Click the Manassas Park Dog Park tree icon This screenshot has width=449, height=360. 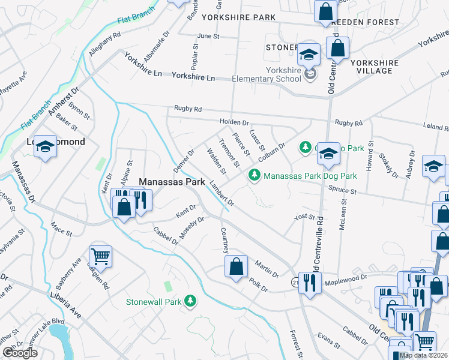(x=255, y=175)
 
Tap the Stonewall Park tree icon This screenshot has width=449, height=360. (x=191, y=300)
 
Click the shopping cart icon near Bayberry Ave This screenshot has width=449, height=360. (x=101, y=257)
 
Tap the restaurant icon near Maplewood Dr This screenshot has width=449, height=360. (x=309, y=282)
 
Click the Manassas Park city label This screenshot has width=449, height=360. (x=169, y=181)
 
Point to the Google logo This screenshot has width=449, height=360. (x=20, y=353)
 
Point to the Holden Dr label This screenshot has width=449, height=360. (x=234, y=122)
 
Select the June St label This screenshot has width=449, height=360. (x=208, y=36)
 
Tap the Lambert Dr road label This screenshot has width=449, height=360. (x=221, y=194)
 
